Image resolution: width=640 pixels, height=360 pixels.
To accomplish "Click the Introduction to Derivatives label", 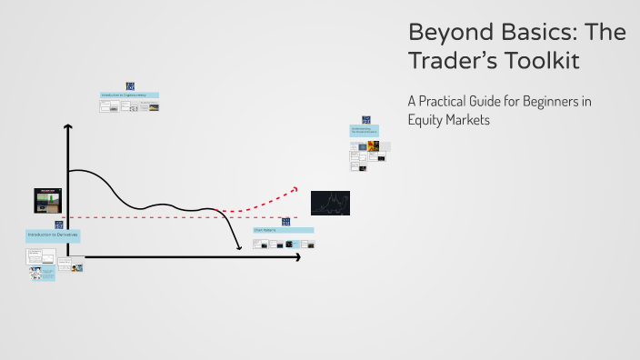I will click(x=52, y=235).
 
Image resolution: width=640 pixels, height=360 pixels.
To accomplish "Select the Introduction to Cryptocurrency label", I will click(x=130, y=95).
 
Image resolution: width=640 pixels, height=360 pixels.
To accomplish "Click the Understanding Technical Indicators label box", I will click(x=365, y=131).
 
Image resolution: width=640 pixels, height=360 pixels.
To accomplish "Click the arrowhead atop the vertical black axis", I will click(x=67, y=127).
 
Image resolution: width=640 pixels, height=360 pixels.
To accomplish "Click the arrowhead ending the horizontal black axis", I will click(x=296, y=257).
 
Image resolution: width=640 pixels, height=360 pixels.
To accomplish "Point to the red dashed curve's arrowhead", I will click(x=294, y=189).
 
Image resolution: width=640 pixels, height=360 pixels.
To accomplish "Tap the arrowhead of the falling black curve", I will click(x=239, y=247).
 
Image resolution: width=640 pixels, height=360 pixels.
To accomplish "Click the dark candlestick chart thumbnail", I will click(x=330, y=202).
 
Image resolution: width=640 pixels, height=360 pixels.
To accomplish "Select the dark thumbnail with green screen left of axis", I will click(x=46, y=200).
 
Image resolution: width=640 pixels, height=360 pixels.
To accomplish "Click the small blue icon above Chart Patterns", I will click(x=285, y=221).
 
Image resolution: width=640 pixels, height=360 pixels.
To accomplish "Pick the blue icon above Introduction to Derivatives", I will click(x=58, y=225).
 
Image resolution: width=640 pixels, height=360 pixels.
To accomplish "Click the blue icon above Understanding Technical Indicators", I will click(x=366, y=119).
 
